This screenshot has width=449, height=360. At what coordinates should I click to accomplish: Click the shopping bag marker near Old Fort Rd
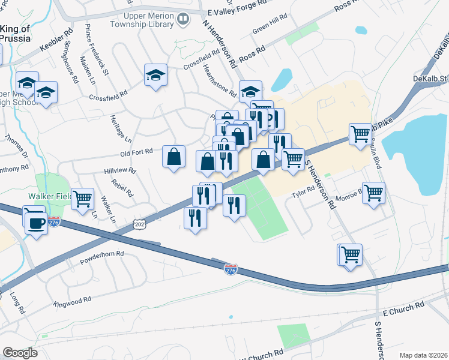click(173, 157)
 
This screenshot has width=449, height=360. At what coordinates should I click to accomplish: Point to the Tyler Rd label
click(303, 191)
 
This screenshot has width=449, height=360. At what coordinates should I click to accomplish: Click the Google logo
click(20, 352)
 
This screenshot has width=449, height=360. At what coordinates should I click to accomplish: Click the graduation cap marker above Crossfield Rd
click(155, 75)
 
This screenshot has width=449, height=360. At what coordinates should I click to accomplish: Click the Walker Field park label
click(50, 196)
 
